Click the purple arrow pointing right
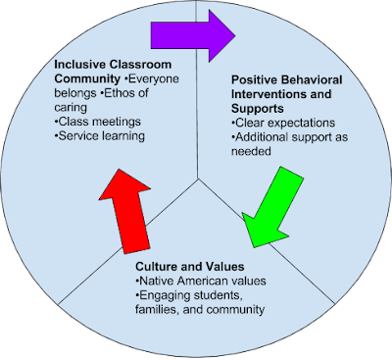pos(191,36)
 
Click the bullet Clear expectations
pos(284,123)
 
